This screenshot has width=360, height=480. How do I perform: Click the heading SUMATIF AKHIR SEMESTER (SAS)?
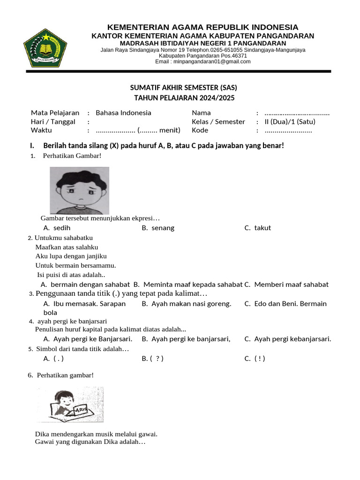[x=180, y=88]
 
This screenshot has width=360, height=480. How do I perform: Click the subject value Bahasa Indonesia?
[x=123, y=112]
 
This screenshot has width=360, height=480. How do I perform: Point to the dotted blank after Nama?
[x=297, y=113]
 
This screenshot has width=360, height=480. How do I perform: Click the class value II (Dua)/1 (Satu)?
[x=290, y=121]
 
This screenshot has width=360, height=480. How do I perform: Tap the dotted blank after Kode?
[x=288, y=130]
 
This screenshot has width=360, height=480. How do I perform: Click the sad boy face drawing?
[x=80, y=190]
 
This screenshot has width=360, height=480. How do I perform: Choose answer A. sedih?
[x=57, y=228]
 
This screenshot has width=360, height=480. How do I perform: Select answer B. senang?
[x=158, y=228]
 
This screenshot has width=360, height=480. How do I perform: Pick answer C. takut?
[x=257, y=228]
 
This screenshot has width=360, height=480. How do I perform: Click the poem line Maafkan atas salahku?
[x=67, y=247]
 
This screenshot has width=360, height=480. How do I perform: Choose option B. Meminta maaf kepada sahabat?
[x=188, y=284]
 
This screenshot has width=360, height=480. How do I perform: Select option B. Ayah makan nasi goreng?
[x=187, y=303]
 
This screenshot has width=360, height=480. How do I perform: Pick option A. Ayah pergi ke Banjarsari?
[x=88, y=339]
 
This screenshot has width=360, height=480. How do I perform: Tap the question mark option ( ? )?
[x=153, y=359]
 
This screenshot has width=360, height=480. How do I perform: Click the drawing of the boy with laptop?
[x=70, y=405]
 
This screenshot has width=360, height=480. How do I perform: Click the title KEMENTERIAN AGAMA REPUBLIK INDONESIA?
[x=202, y=27]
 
